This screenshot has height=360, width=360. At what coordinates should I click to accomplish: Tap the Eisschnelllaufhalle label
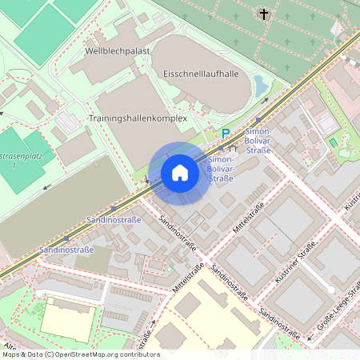(x=201, y=74)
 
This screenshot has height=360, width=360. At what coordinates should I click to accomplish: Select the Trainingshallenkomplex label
(x=137, y=118)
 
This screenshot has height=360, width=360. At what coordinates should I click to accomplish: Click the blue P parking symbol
(x=226, y=134)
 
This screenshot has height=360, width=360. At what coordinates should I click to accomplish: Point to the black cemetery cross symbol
(x=264, y=14)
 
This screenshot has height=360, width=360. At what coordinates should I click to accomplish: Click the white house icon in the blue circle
(x=179, y=173)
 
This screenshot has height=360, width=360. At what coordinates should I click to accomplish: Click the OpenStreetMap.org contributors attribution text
(x=106, y=354)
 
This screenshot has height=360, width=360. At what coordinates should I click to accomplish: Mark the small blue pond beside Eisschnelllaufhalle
(x=261, y=83)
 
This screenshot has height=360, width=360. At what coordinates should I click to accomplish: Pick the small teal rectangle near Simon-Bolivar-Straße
(x=333, y=142)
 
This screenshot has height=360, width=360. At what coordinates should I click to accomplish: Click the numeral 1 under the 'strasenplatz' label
(x=14, y=165)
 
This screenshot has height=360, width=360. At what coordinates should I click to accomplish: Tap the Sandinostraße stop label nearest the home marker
(x=114, y=218)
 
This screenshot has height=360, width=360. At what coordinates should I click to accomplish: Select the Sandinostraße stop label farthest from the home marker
(x=66, y=250)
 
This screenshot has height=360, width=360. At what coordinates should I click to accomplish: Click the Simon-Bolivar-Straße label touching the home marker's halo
(x=220, y=170)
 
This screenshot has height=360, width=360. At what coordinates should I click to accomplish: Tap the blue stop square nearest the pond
(x=258, y=120)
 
